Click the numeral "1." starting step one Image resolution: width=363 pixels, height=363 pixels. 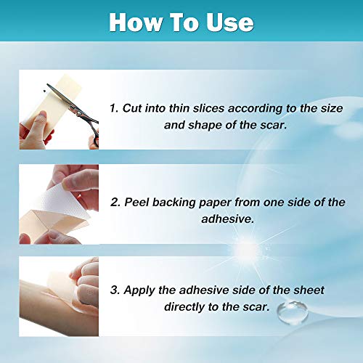coord(114,108)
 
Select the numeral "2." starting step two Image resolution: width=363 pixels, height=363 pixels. coord(115,203)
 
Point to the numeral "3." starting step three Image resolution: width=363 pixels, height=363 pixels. coord(115,290)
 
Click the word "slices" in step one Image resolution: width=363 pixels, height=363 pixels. coord(208,108)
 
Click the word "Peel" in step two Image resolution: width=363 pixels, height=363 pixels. coord(136,203)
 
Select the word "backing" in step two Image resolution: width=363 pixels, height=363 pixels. coord(174,203)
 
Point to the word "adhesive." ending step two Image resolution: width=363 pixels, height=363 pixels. coord(228,219)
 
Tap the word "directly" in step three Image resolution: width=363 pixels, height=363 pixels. coord(184,307)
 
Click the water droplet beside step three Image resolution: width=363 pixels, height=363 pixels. coord(293,312)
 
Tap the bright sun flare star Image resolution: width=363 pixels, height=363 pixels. coord(246,249)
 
